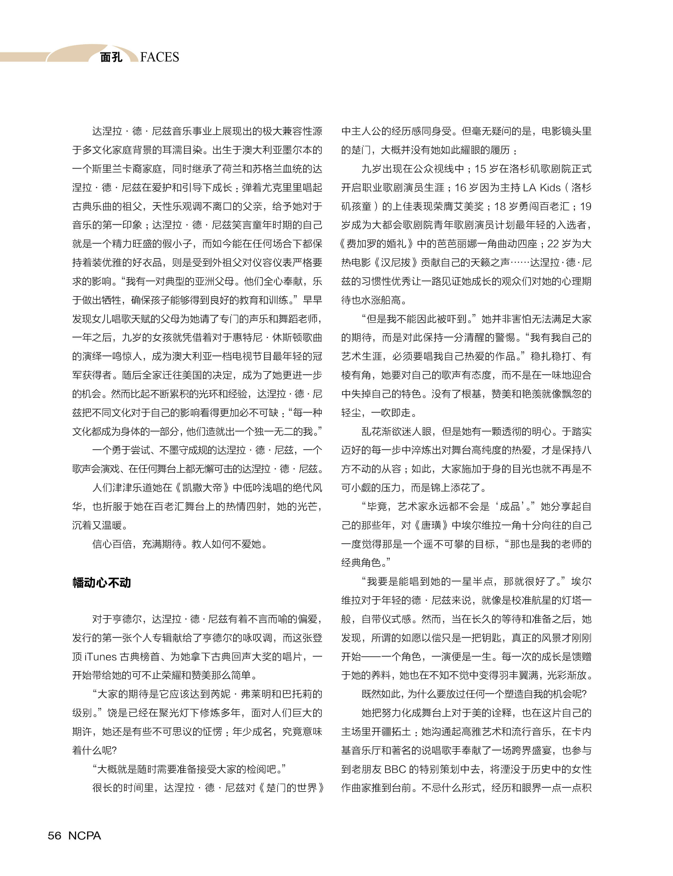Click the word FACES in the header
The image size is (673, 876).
160,57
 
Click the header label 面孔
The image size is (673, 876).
111,57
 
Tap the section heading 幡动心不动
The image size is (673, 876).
102,582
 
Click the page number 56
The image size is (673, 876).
55,835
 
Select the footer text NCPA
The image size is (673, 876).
85,835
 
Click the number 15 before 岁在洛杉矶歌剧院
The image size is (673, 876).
480,168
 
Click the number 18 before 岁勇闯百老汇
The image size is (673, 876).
500,206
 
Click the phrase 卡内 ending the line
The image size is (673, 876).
581,731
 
